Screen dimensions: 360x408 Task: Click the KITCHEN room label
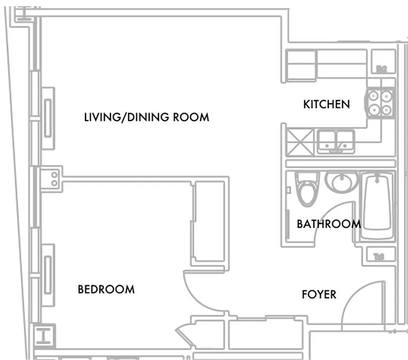click(x=326, y=104)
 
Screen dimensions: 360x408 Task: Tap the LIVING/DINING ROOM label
click(x=147, y=117)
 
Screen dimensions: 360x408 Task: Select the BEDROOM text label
click(x=106, y=289)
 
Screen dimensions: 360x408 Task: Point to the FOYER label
click(x=319, y=295)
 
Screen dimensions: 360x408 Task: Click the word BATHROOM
click(x=328, y=224)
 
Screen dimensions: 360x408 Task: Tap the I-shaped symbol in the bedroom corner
click(x=44, y=336)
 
